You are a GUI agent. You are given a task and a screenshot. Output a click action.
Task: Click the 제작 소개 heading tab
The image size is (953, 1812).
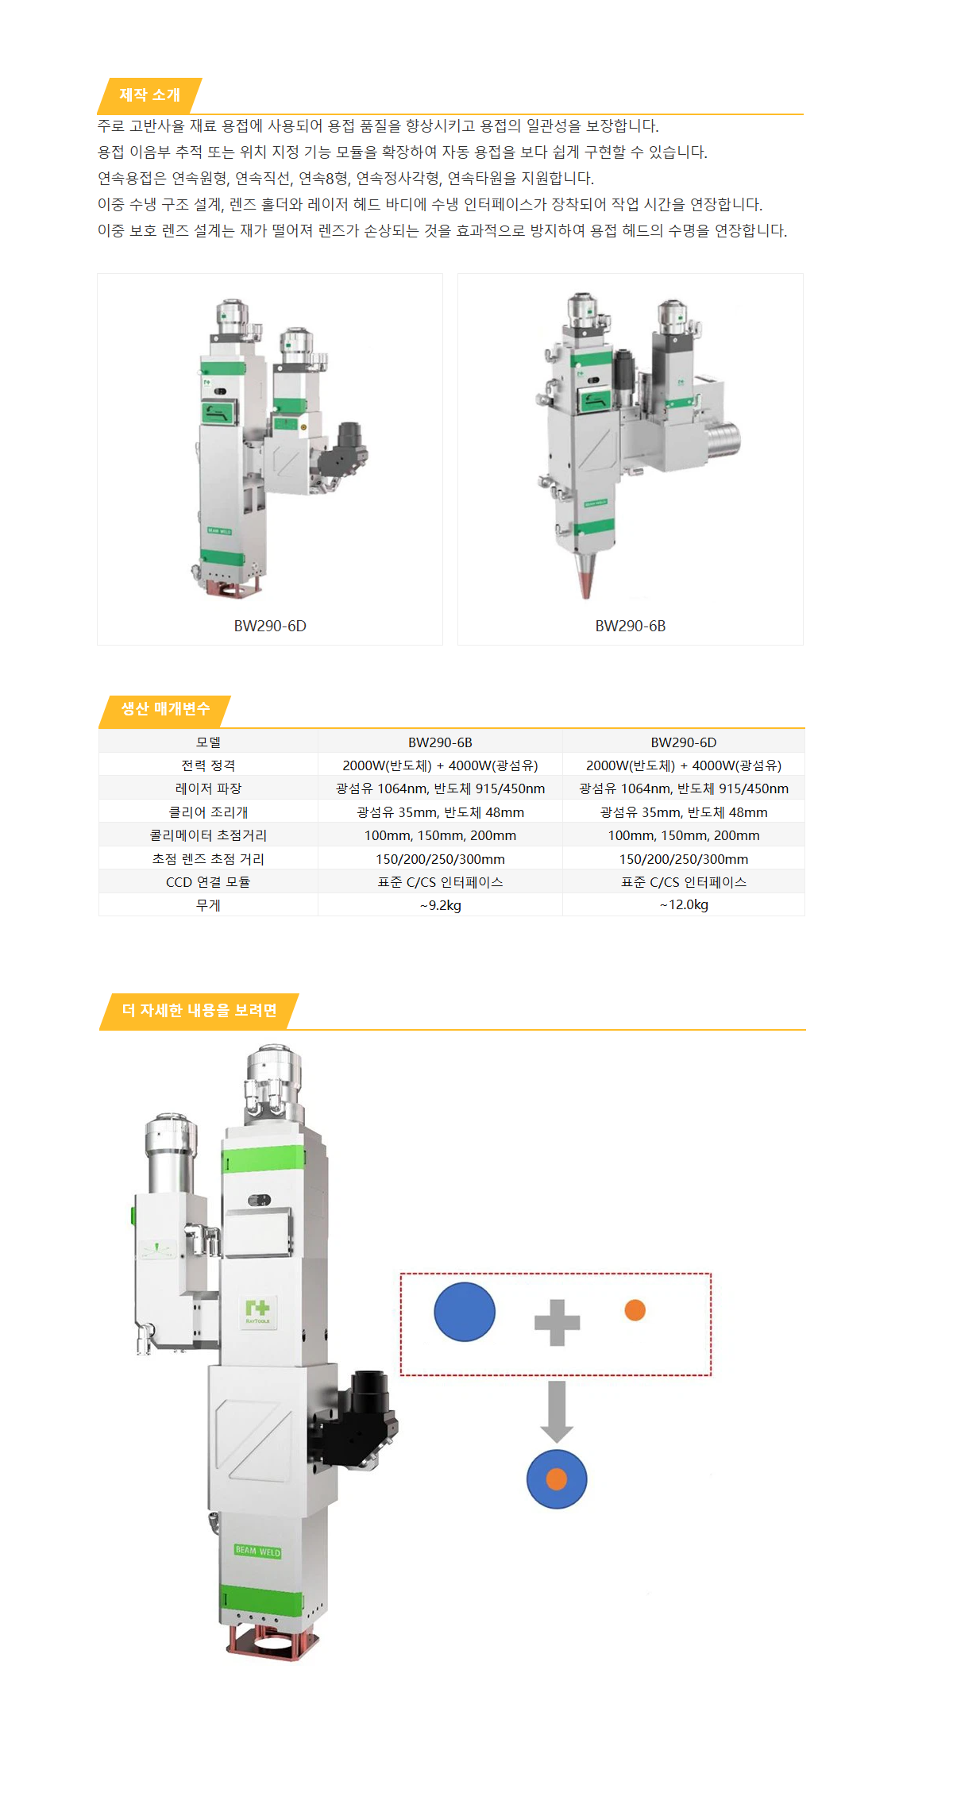(x=149, y=95)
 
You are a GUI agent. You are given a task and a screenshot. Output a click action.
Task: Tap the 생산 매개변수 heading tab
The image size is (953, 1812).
(x=165, y=709)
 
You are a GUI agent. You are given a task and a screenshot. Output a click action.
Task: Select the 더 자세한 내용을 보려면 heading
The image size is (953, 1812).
(x=199, y=1011)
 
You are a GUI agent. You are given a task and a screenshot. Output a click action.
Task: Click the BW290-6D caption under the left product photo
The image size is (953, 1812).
(x=270, y=626)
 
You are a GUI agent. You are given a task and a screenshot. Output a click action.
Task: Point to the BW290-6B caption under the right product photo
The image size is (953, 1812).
(x=631, y=626)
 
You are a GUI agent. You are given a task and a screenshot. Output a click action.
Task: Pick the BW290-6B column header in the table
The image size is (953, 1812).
(x=440, y=742)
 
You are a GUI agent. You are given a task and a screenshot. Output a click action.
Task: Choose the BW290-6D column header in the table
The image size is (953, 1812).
(x=683, y=742)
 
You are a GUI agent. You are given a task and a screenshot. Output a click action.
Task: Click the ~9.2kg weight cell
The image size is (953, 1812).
(x=440, y=905)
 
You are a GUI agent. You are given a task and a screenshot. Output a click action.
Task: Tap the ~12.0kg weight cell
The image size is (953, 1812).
(x=683, y=905)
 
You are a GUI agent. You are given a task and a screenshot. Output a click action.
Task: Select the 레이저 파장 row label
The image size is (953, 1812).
(x=208, y=788)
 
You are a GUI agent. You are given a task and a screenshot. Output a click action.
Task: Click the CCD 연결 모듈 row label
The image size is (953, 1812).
(x=208, y=882)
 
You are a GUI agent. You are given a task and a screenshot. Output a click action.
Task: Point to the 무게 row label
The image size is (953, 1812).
(x=208, y=905)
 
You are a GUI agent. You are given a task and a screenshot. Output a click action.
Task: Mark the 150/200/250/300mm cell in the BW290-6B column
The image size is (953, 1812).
(x=440, y=859)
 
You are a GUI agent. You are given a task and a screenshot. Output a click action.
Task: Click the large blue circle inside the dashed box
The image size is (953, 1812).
(x=465, y=1312)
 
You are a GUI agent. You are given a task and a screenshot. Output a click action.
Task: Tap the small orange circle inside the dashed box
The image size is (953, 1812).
(x=635, y=1310)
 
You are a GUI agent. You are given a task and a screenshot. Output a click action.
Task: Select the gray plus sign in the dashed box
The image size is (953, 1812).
(x=557, y=1323)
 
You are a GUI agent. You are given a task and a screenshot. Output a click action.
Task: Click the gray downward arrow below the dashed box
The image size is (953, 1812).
(x=557, y=1412)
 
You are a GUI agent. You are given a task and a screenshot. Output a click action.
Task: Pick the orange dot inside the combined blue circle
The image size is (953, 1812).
(x=557, y=1479)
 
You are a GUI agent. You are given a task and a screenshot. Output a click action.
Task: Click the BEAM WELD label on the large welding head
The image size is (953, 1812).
(x=257, y=1551)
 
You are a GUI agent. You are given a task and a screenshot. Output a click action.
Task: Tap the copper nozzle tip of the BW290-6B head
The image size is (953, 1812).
(x=586, y=579)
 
